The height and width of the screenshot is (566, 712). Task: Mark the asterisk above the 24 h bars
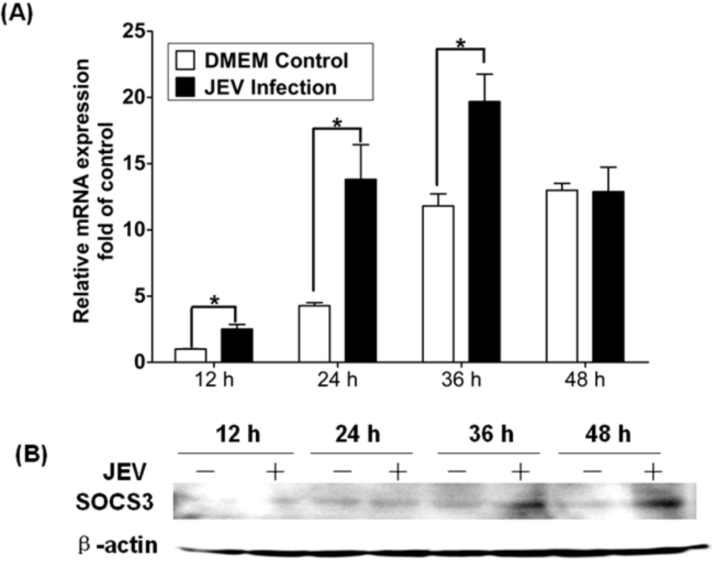(337, 123)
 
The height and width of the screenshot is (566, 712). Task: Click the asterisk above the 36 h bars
(460, 43)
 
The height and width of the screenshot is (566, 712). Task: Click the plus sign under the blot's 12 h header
(275, 473)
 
